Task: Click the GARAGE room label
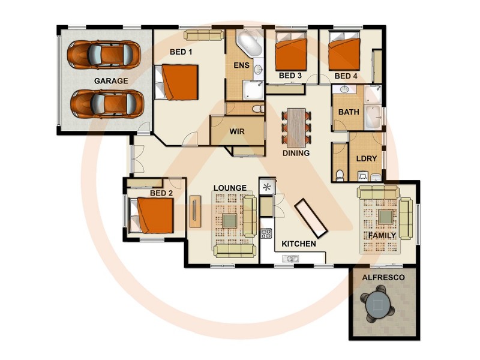tap(110, 80)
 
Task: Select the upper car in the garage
tap(103, 55)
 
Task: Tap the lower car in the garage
tap(107, 104)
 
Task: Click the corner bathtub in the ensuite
tap(248, 44)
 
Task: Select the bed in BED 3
tap(290, 53)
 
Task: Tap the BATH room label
tap(349, 112)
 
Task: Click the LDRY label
tap(365, 158)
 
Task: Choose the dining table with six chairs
tap(296, 127)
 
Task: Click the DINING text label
tap(296, 153)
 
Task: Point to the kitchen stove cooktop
tap(266, 233)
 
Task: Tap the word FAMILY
tap(382, 236)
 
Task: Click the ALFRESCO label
tap(383, 278)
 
